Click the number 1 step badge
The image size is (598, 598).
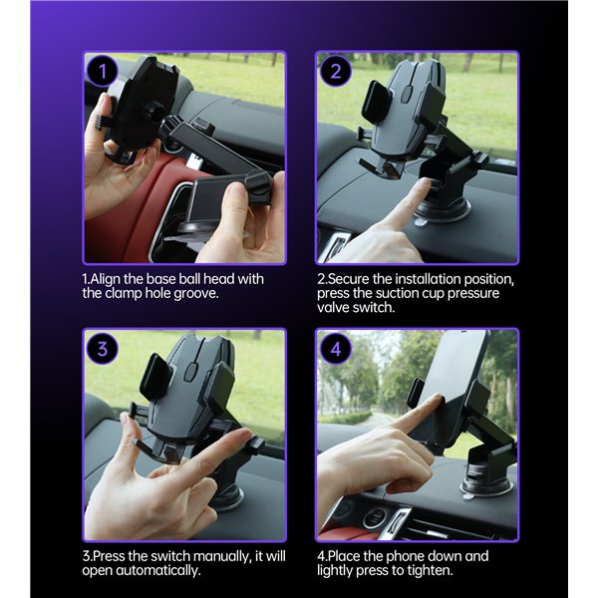click(103, 72)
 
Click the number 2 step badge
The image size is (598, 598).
click(337, 71)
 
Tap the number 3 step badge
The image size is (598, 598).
click(103, 349)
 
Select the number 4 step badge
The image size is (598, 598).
click(337, 349)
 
